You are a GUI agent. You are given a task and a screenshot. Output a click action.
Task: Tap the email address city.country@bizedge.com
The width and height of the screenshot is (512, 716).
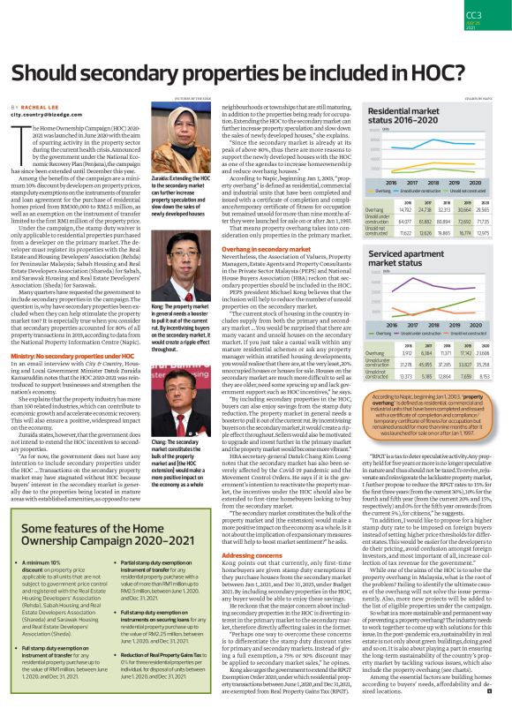[x=55, y=115]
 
